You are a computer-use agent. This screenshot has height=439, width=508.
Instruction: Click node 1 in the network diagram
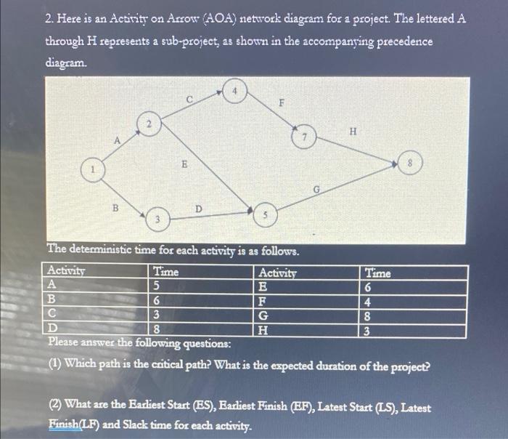(92, 170)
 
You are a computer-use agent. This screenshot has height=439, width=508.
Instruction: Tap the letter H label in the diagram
(353, 132)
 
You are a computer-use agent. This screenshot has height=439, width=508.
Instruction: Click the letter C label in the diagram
(188, 99)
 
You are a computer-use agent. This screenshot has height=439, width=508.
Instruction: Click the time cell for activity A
(157, 286)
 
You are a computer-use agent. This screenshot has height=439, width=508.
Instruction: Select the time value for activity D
(157, 329)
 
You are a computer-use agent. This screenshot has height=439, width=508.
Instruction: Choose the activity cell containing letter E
(263, 286)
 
